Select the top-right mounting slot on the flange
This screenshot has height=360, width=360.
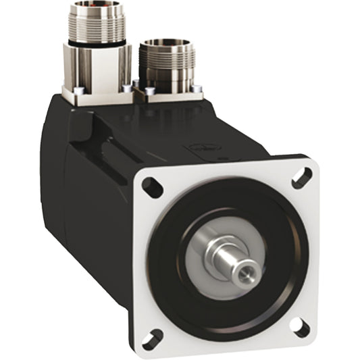[302, 178]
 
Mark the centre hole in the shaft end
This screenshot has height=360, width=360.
[246, 273]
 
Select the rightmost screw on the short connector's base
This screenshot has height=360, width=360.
[197, 89]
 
